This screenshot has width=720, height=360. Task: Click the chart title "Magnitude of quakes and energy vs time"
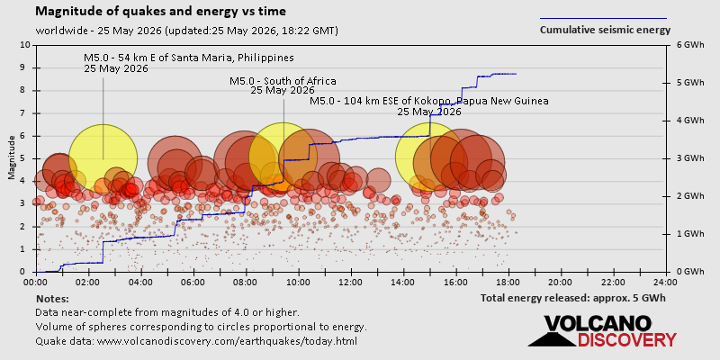[x=161, y=12]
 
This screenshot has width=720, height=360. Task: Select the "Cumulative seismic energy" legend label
[x=605, y=31]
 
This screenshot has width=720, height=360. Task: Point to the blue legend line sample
[x=603, y=19]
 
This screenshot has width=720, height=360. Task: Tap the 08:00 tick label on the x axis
[x=246, y=282]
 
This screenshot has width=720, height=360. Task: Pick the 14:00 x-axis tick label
[x=403, y=282]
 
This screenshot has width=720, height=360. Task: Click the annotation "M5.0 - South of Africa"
[x=283, y=81]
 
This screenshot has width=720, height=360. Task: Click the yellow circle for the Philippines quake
[x=103, y=158]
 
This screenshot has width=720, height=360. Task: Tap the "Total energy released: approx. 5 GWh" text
[x=573, y=298]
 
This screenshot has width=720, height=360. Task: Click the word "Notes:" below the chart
[x=52, y=299]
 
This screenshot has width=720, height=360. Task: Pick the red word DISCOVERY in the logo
[x=626, y=340]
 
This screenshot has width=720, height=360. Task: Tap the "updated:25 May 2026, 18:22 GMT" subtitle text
[x=252, y=31]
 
